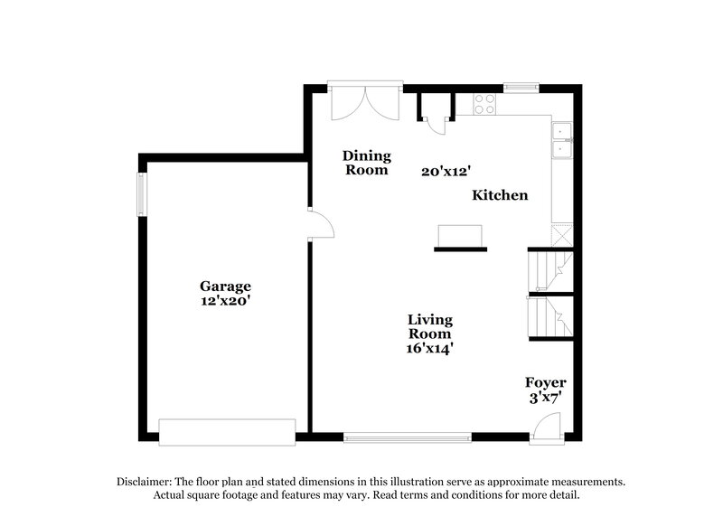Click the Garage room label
click(225, 286)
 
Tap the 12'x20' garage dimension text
click(225, 302)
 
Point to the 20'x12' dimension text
click(446, 170)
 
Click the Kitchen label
click(499, 195)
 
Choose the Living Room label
click(429, 326)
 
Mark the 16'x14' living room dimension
click(429, 347)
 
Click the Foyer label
click(546, 383)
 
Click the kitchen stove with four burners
click(484, 104)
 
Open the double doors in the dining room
click(364, 102)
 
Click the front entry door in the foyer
click(547, 427)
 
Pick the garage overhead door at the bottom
click(228, 431)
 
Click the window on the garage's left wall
click(141, 194)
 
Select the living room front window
click(408, 438)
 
